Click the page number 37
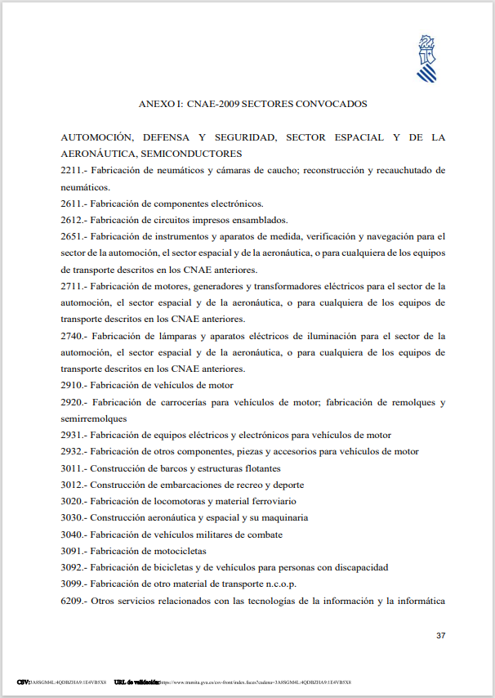point(440,635)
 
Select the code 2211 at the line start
point(72,170)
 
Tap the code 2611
point(72,204)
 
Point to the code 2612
point(72,220)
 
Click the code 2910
point(72,385)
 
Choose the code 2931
point(72,435)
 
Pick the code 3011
point(72,468)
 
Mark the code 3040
point(72,535)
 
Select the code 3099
point(72,584)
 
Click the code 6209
point(72,601)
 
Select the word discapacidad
point(359,567)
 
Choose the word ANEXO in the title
point(156,104)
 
